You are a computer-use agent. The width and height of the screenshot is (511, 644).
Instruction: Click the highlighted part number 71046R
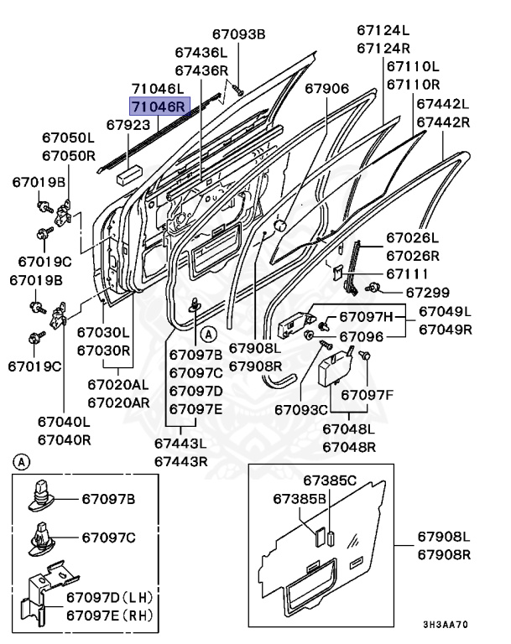pyautogui.click(x=159, y=106)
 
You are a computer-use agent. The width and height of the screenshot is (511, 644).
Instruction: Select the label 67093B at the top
pyautogui.click(x=238, y=34)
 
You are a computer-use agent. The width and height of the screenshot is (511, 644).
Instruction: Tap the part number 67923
pyautogui.click(x=128, y=124)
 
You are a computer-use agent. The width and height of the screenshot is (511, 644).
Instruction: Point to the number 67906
pyautogui.click(x=326, y=89)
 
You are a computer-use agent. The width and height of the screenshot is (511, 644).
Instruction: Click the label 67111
pyautogui.click(x=407, y=273)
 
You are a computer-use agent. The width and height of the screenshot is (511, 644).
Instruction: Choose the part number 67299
pyautogui.click(x=428, y=292)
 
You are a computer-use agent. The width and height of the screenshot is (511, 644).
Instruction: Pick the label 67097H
pyautogui.click(x=366, y=316)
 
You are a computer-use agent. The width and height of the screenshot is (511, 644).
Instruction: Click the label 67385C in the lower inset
pyautogui.click(x=330, y=480)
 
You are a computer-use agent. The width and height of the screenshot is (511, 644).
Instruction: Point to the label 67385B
pyautogui.click(x=299, y=499)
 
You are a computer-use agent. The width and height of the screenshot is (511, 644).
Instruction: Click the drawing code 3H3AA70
pyautogui.click(x=446, y=625)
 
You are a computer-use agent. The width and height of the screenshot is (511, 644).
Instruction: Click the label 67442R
pyautogui.click(x=443, y=122)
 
